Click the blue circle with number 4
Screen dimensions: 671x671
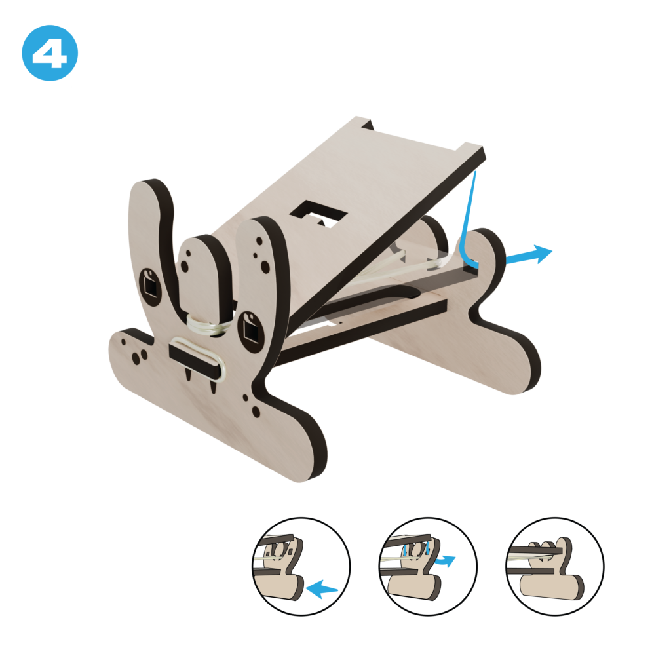[x=50, y=52]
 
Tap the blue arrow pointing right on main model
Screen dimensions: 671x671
[x=529, y=255]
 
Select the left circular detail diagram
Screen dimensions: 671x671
[x=301, y=567]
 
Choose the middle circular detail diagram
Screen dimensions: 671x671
[x=428, y=567]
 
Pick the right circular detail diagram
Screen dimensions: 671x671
[x=555, y=567]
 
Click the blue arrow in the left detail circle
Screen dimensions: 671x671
[x=322, y=589]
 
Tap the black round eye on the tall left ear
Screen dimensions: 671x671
[x=150, y=287]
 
